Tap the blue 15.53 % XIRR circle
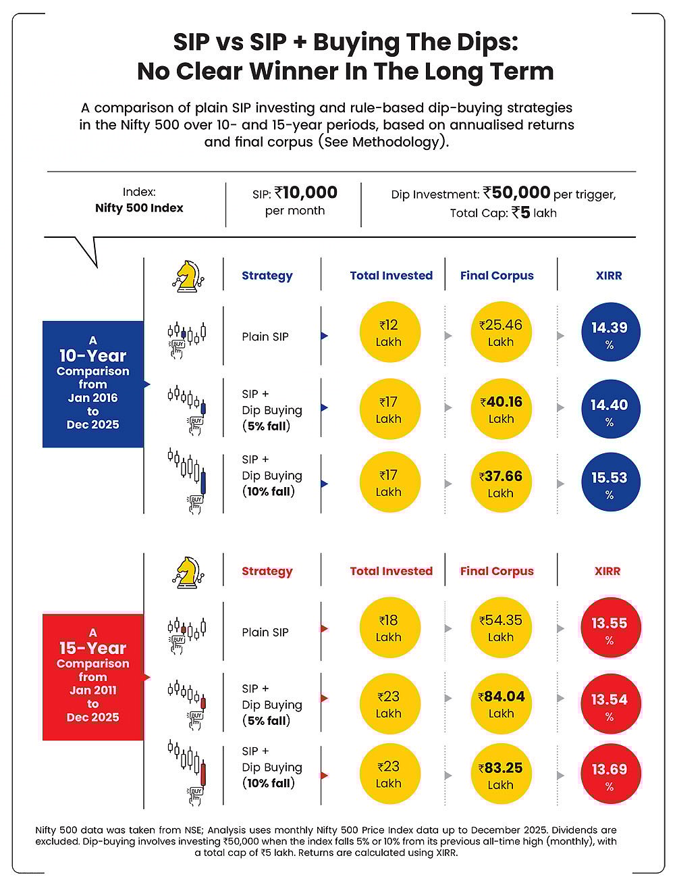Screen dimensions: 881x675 [x=609, y=484]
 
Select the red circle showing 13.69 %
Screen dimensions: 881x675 [x=609, y=776]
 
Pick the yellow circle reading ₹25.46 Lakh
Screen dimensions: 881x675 [x=500, y=333]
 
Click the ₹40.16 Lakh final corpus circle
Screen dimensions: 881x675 [x=500, y=409]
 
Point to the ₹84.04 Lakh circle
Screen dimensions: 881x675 [x=500, y=704]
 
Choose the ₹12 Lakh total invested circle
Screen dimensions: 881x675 [x=389, y=333]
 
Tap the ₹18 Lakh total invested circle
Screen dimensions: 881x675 [x=389, y=628]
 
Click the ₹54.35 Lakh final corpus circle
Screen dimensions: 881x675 [x=500, y=628]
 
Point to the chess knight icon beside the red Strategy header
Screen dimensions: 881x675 [x=184, y=571]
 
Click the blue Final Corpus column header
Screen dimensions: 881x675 [x=497, y=276]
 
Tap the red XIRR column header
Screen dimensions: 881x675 [x=607, y=571]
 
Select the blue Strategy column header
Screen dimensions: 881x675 [x=267, y=276]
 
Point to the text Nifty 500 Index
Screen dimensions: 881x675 [x=139, y=208]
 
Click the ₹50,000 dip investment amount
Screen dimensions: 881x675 [x=516, y=193]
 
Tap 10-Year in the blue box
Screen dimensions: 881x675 [x=92, y=355]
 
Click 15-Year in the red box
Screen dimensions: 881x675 [x=92, y=648]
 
